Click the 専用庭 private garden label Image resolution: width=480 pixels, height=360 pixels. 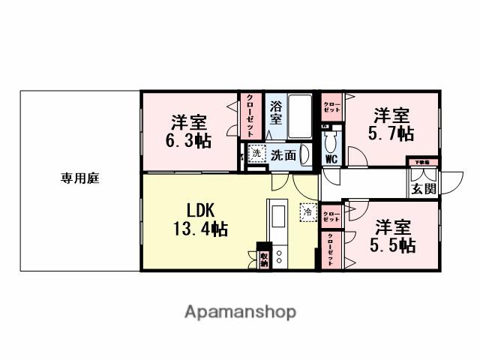click(81, 178)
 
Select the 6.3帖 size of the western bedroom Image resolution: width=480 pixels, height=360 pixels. click(187, 140)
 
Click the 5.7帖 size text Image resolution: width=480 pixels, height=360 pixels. click(391, 133)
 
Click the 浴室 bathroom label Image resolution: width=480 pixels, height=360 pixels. click(276, 112)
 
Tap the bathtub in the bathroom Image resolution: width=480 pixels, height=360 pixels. click(300, 116)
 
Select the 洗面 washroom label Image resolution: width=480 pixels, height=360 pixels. click(283, 155)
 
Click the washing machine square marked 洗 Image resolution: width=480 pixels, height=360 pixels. click(256, 153)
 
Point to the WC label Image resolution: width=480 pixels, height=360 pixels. click(331, 159)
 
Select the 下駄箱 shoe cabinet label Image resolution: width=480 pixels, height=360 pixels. click(423, 162)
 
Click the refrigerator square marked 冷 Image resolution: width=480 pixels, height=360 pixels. click(307, 212)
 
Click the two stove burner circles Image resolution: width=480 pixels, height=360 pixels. click(278, 257)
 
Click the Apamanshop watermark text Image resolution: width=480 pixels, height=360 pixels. click(240, 311)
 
